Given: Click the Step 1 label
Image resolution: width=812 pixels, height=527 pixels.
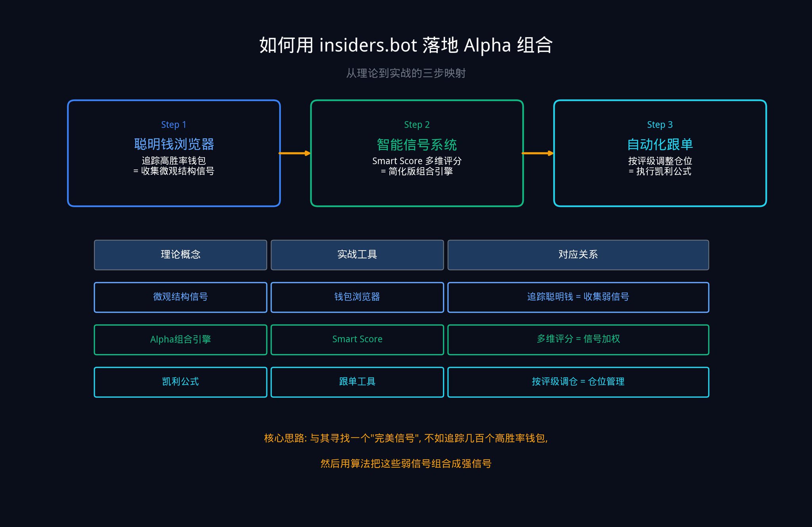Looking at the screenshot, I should pyautogui.click(x=174, y=125).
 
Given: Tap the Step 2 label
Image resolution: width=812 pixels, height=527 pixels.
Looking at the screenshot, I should pyautogui.click(x=417, y=125).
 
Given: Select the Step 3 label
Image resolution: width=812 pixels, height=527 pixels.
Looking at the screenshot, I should pyautogui.click(x=660, y=125).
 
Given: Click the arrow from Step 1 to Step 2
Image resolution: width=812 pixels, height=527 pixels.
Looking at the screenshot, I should pyautogui.click(x=295, y=153).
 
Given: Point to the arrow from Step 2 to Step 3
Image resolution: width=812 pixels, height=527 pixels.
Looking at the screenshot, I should pyautogui.click(x=538, y=153).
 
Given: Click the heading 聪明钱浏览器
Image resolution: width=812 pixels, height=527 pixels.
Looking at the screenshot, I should pyautogui.click(x=174, y=144).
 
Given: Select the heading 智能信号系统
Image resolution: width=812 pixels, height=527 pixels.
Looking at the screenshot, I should pyautogui.click(x=417, y=145).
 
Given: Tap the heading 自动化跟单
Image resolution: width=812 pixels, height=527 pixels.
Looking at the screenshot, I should pyautogui.click(x=660, y=145).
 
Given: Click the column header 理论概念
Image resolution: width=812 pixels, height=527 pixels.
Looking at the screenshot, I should pyautogui.click(x=180, y=255).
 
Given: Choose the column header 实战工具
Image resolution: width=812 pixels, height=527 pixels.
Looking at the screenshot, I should pyautogui.click(x=357, y=255).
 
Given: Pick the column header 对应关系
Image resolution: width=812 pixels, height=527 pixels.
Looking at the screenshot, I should pyautogui.click(x=578, y=255).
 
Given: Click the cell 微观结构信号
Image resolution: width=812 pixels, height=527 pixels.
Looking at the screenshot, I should pyautogui.click(x=180, y=297).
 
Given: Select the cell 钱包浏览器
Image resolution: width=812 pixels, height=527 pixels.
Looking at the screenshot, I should pyautogui.click(x=357, y=297).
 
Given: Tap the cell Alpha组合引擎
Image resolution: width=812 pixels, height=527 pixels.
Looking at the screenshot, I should pyautogui.click(x=180, y=340).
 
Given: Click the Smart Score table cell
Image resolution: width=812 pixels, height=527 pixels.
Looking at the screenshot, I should pyautogui.click(x=357, y=340).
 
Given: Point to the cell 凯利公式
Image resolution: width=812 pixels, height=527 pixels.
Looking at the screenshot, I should pyautogui.click(x=180, y=382).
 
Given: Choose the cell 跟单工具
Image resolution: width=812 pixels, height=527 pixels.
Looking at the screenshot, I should pyautogui.click(x=357, y=382).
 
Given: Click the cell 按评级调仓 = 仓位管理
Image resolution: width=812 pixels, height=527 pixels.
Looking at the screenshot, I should pyautogui.click(x=578, y=382).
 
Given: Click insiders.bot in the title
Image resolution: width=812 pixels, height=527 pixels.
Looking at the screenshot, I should pyautogui.click(x=368, y=46).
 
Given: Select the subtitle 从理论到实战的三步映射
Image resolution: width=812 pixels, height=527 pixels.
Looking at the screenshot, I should pyautogui.click(x=406, y=73).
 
